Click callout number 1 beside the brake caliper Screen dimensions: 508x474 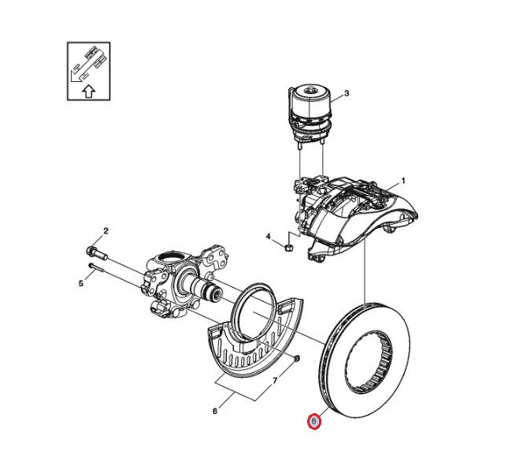[403, 181]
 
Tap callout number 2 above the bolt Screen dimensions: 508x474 [106, 231]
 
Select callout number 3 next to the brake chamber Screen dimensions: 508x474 [347, 93]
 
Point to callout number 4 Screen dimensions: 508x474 [268, 237]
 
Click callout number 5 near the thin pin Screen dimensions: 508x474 [81, 284]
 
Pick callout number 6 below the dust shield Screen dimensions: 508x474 [215, 411]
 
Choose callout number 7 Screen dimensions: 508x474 [275, 381]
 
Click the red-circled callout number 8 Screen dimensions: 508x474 [314, 421]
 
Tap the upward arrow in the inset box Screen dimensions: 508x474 [88, 91]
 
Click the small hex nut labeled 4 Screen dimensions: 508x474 [289, 248]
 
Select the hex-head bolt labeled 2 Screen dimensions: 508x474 [97, 253]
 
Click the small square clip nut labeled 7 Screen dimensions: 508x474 [298, 358]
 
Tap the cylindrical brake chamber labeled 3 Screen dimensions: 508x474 [310, 114]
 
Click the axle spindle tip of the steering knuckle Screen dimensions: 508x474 [217, 293]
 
